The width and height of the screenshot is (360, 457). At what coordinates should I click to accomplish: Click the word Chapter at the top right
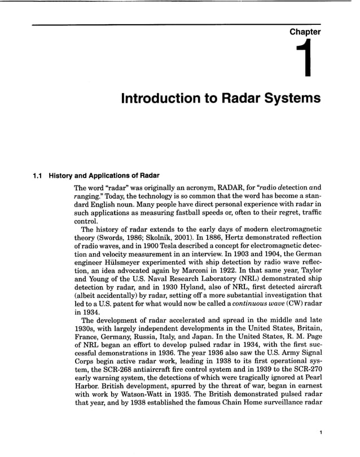pos(305,32)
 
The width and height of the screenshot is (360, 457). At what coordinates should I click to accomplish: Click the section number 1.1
pos(38,175)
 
